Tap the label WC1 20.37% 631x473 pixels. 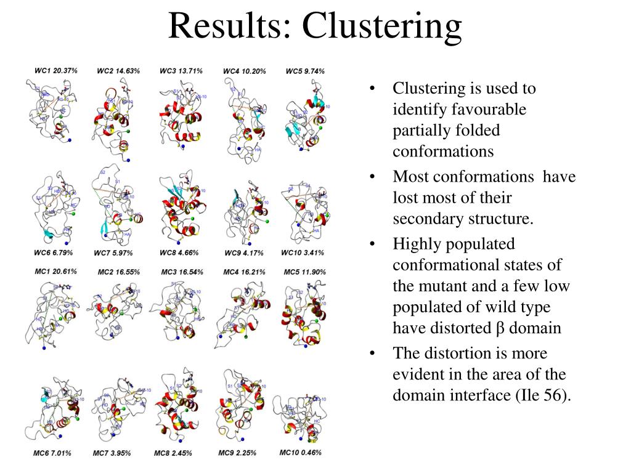coord(56,71)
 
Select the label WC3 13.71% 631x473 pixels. coord(181,71)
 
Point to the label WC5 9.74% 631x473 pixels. coord(305,71)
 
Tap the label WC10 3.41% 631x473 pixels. coord(302,253)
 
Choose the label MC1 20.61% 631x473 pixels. coord(56,272)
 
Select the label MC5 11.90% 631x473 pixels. coord(305,272)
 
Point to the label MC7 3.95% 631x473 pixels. coord(115,454)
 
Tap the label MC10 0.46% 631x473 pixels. coord(301,453)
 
